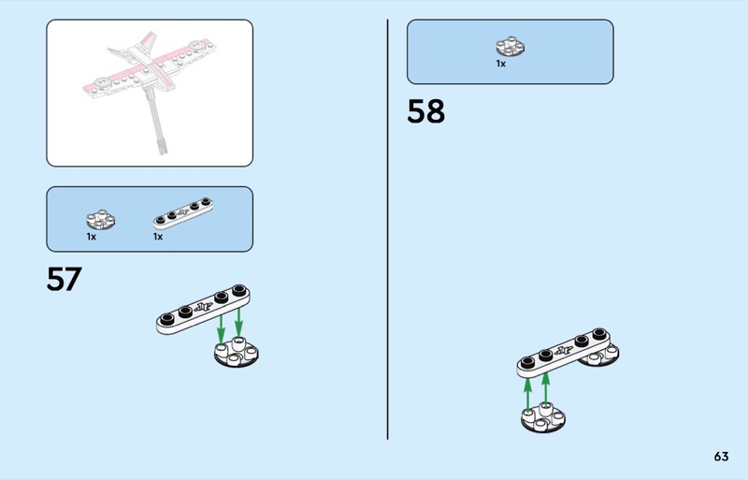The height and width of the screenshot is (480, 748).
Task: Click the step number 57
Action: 64,279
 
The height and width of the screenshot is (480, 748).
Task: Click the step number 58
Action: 425,111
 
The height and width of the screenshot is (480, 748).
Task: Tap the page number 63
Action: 721,457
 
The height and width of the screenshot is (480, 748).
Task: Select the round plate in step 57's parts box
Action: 100,219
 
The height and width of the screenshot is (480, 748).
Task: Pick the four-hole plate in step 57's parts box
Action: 183,213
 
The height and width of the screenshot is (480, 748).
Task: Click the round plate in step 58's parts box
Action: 510,47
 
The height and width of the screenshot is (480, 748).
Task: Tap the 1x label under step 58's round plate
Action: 500,64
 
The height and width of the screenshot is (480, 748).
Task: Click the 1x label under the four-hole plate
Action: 158,237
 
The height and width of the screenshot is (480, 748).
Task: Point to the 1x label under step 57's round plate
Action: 91,237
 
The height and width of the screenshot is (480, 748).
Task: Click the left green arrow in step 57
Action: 221,329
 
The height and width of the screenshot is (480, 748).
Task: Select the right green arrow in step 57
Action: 238,323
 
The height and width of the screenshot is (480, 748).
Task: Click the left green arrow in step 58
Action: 527,394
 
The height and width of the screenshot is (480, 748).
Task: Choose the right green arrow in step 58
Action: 546,389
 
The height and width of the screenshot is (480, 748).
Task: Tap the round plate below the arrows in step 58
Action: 543,418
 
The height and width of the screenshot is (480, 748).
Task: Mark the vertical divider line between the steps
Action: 387,229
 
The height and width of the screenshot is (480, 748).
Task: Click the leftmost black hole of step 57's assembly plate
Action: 166,318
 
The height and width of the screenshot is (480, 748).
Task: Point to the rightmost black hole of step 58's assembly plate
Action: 599,334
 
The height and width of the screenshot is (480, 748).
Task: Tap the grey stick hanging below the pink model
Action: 156,120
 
